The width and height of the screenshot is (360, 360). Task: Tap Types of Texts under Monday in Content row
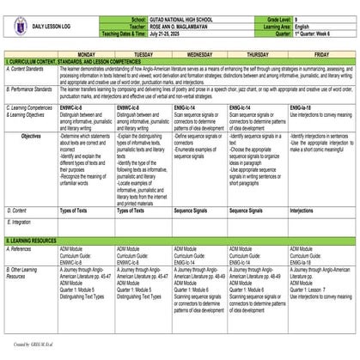tap(76, 211)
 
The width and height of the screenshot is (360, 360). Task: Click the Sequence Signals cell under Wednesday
tap(196, 211)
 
